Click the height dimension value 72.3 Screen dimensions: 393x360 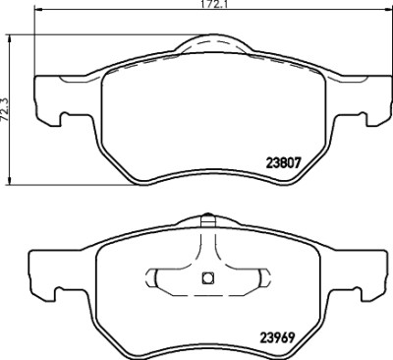coord(4,109)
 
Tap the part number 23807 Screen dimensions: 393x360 coord(283,162)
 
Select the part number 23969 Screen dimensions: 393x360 coord(277,337)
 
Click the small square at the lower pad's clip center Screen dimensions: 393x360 coord(207,278)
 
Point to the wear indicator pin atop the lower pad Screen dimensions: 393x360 coord(207,220)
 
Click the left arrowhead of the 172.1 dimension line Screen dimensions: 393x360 coord(38,10)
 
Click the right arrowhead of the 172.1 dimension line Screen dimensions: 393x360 coord(387,10)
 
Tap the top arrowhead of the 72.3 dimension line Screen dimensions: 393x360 coord(10,38)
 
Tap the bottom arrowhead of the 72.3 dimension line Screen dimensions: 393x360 coord(10,180)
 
